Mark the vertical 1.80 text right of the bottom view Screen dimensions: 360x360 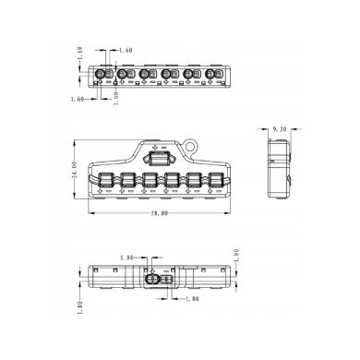[x=237, y=257]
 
